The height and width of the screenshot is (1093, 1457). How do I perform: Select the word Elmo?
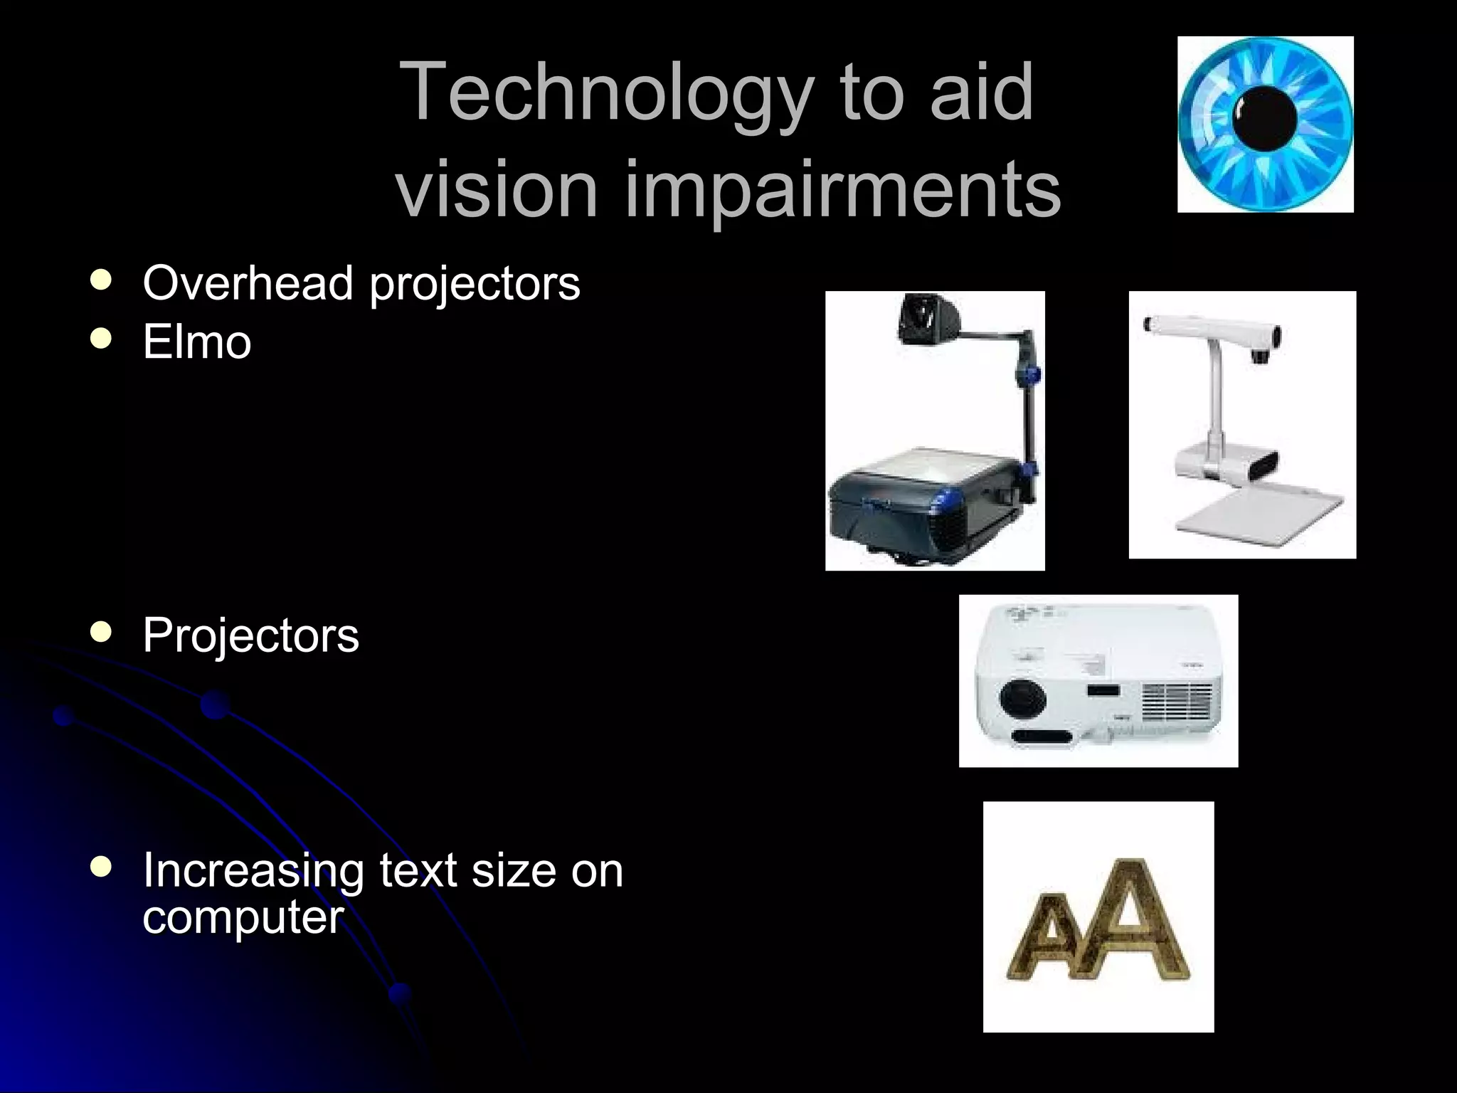click(x=197, y=342)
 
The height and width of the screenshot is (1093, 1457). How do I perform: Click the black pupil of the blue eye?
click(x=1265, y=118)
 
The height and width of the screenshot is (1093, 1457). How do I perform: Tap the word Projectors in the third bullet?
click(x=250, y=635)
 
